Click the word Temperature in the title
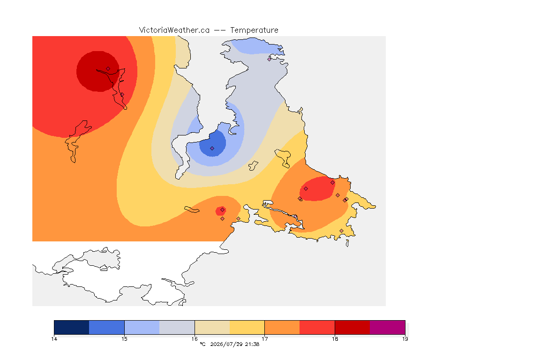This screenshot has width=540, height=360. click(254, 30)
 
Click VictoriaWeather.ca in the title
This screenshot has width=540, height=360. click(174, 30)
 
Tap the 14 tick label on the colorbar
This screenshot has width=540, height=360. click(54, 339)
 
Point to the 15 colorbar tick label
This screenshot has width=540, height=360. click(124, 339)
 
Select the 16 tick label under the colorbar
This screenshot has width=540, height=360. click(195, 339)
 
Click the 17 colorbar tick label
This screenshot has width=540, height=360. click(264, 339)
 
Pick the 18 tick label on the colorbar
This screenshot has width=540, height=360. click(335, 339)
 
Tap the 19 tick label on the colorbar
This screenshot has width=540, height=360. click(405, 339)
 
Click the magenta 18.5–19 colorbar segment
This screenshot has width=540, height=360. click(388, 327)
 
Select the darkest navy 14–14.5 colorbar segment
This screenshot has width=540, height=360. click(72, 327)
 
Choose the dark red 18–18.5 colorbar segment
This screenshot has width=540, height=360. click(352, 327)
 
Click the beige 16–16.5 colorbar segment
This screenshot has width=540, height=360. click(212, 327)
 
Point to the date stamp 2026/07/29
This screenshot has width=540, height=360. click(226, 344)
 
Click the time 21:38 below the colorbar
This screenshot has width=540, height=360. click(252, 344)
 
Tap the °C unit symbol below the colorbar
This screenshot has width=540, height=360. click(202, 344)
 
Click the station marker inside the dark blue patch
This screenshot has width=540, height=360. click(212, 149)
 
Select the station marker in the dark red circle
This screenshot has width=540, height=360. click(108, 69)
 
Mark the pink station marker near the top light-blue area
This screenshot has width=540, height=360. click(270, 59)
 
